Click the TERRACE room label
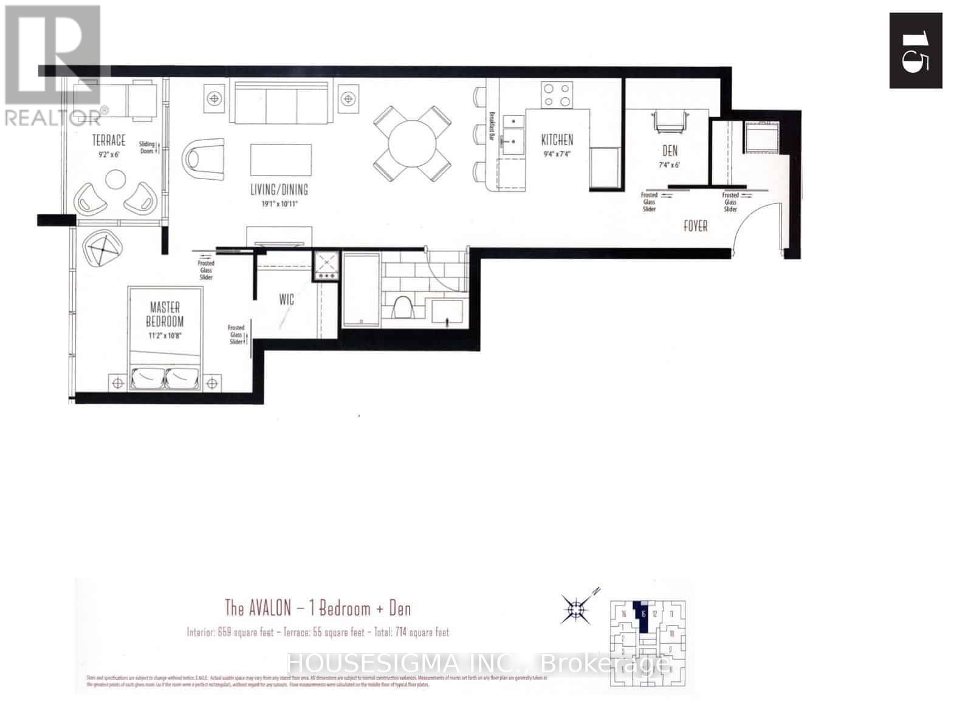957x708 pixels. pyautogui.click(x=109, y=141)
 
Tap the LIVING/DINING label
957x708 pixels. pyautogui.click(x=279, y=189)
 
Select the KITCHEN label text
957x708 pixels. pyautogui.click(x=557, y=140)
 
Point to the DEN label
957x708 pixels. pyautogui.click(x=670, y=151)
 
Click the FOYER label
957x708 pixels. pyautogui.click(x=696, y=226)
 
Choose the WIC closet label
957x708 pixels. pyautogui.click(x=287, y=299)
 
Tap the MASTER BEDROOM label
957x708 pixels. pyautogui.click(x=164, y=315)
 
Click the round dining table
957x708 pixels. pyautogui.click(x=413, y=143)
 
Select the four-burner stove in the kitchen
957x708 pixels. pyautogui.click(x=557, y=95)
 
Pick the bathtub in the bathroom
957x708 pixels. pyautogui.click(x=361, y=290)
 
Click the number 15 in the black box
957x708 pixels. pyautogui.click(x=915, y=52)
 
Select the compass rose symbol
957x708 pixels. pyautogui.click(x=574, y=608)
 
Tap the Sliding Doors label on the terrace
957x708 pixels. pyautogui.click(x=148, y=147)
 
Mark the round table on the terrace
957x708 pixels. pyautogui.click(x=114, y=179)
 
